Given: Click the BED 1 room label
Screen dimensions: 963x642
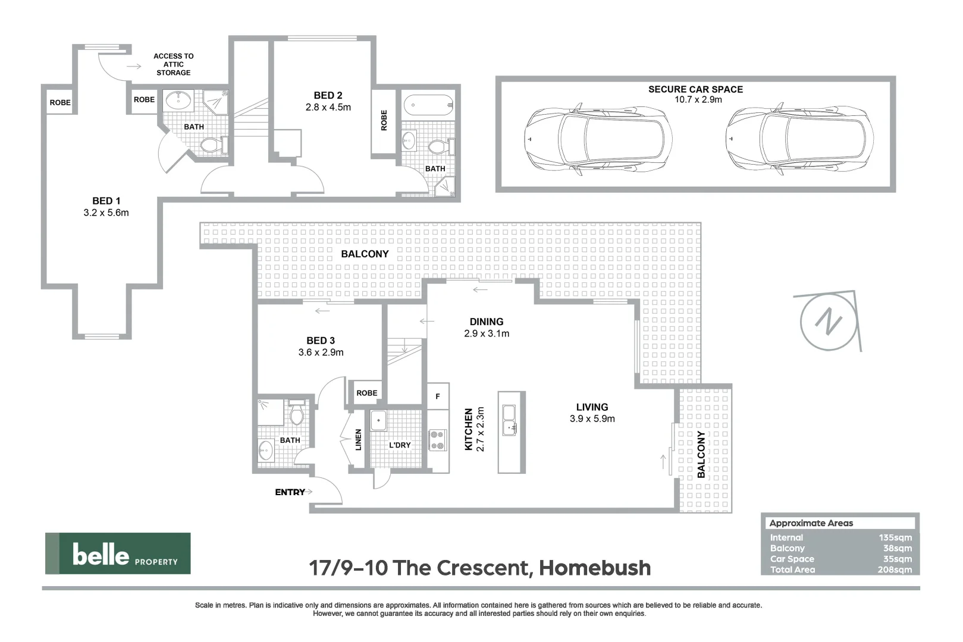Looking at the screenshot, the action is [x=106, y=201].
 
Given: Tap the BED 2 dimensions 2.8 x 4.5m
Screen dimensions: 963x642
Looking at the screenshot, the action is [x=328, y=108].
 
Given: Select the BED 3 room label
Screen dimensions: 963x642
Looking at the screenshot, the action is [x=320, y=341].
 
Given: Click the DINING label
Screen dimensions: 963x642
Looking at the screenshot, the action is [x=486, y=322].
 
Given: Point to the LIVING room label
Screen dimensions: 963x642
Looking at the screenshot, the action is [x=592, y=407].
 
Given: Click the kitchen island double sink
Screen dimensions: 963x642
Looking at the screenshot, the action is [x=510, y=420].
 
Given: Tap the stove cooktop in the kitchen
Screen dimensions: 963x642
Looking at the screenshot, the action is [x=438, y=439].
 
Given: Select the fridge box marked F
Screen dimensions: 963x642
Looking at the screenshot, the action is [x=438, y=396].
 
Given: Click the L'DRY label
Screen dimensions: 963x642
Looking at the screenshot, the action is [x=400, y=445].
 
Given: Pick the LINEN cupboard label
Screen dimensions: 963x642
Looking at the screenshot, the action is [x=358, y=439].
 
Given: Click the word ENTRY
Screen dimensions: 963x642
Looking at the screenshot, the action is [x=290, y=492].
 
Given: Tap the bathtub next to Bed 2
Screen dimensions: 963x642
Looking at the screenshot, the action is [x=428, y=105].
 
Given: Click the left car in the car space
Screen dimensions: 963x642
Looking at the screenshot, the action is [x=598, y=138].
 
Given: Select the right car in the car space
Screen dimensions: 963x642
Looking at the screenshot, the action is [x=799, y=138].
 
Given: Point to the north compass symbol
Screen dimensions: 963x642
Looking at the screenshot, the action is [x=829, y=321].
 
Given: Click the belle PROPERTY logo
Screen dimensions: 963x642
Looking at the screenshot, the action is [x=118, y=553].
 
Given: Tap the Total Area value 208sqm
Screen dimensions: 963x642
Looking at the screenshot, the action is [x=894, y=569].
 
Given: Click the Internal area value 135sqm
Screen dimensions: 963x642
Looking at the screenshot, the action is [x=895, y=537].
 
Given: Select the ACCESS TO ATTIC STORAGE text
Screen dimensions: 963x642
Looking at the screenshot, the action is [x=173, y=64].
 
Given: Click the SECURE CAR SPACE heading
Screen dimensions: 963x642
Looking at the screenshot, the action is [x=695, y=89].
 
